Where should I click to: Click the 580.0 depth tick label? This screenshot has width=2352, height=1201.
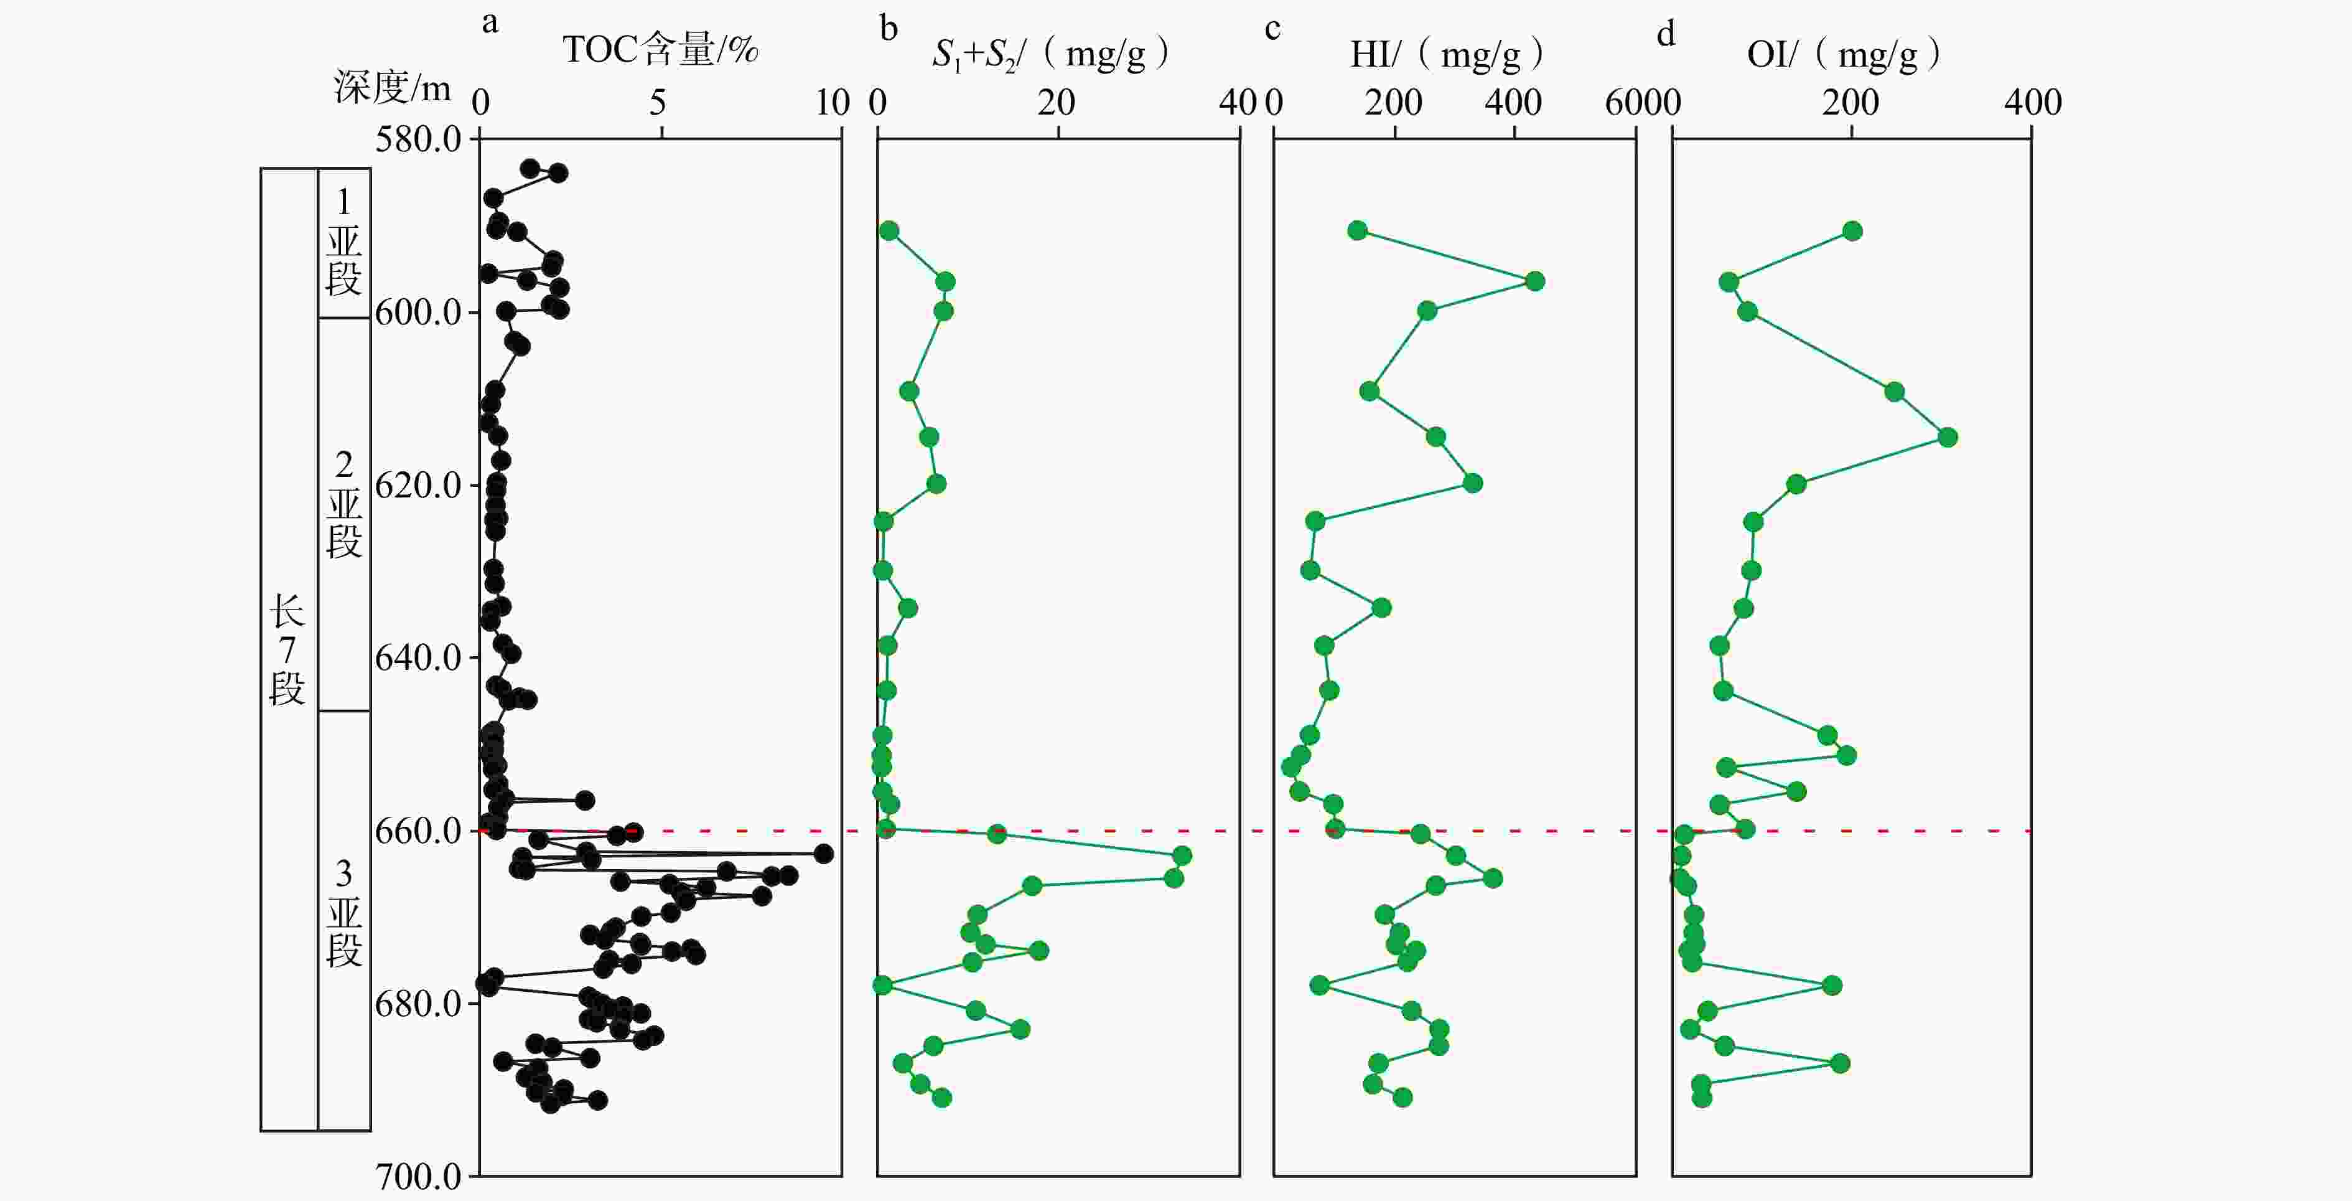418,139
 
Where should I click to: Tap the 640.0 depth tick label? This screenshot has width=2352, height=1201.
418,657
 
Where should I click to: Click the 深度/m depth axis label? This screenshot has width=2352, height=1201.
393,88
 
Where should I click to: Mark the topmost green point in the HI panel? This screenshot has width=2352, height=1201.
1358,230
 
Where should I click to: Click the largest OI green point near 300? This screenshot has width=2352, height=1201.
1948,438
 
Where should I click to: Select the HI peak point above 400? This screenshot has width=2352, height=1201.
1535,281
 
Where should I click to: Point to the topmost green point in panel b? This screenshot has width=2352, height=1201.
889,231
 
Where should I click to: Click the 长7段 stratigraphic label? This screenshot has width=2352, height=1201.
287,649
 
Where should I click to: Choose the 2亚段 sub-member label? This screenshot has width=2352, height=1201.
344,504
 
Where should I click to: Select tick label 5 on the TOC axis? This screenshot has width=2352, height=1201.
658,102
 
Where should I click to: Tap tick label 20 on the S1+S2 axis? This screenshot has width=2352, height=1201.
1057,102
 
